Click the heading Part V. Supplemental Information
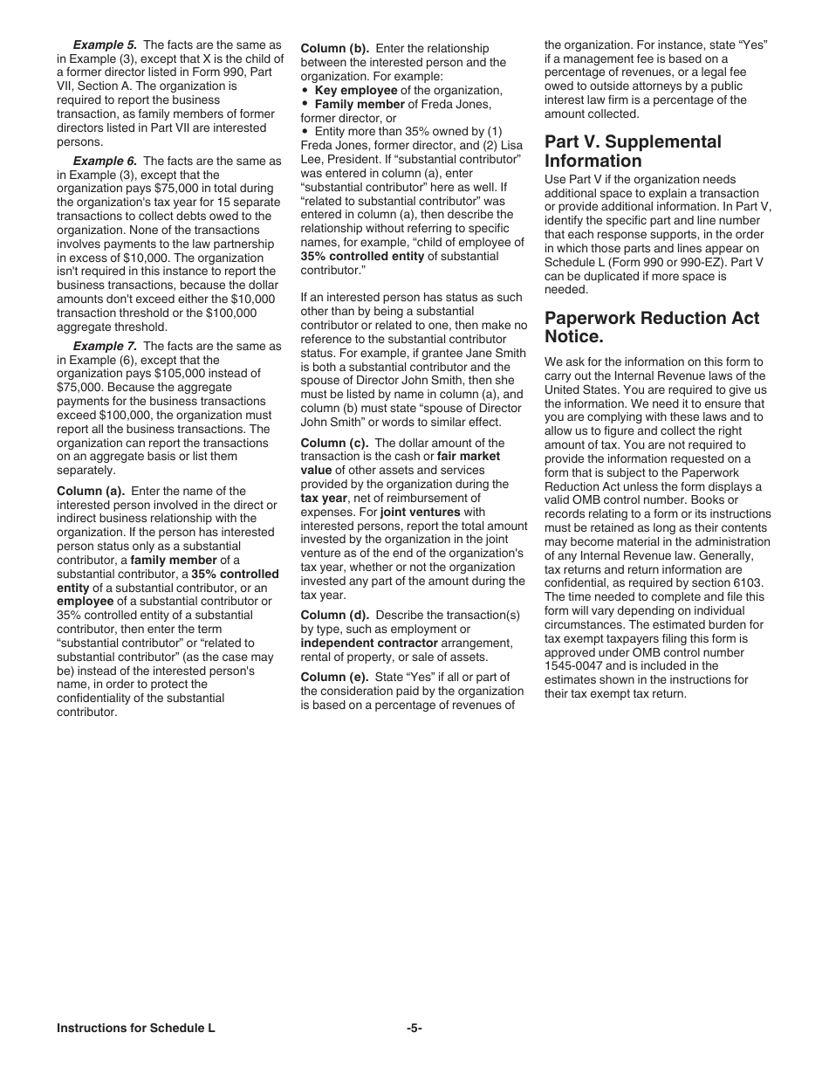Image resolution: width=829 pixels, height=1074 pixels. [633, 151]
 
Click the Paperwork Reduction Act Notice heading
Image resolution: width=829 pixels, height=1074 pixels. [652, 327]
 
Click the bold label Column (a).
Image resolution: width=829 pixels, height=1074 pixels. [91, 491]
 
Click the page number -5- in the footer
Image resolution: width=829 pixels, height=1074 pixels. [414, 1029]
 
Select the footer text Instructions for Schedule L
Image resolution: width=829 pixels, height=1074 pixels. [135, 1029]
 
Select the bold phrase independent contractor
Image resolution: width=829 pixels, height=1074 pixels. [359, 644]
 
